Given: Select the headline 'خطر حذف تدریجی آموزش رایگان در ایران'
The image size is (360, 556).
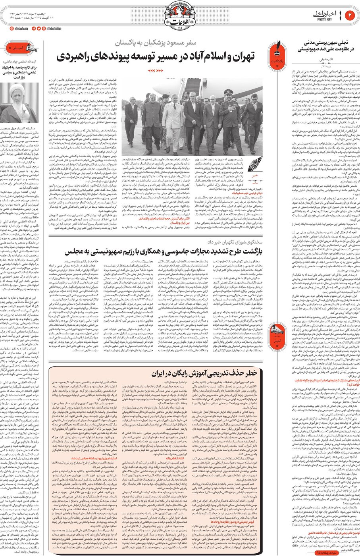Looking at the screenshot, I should coord(204,374).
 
